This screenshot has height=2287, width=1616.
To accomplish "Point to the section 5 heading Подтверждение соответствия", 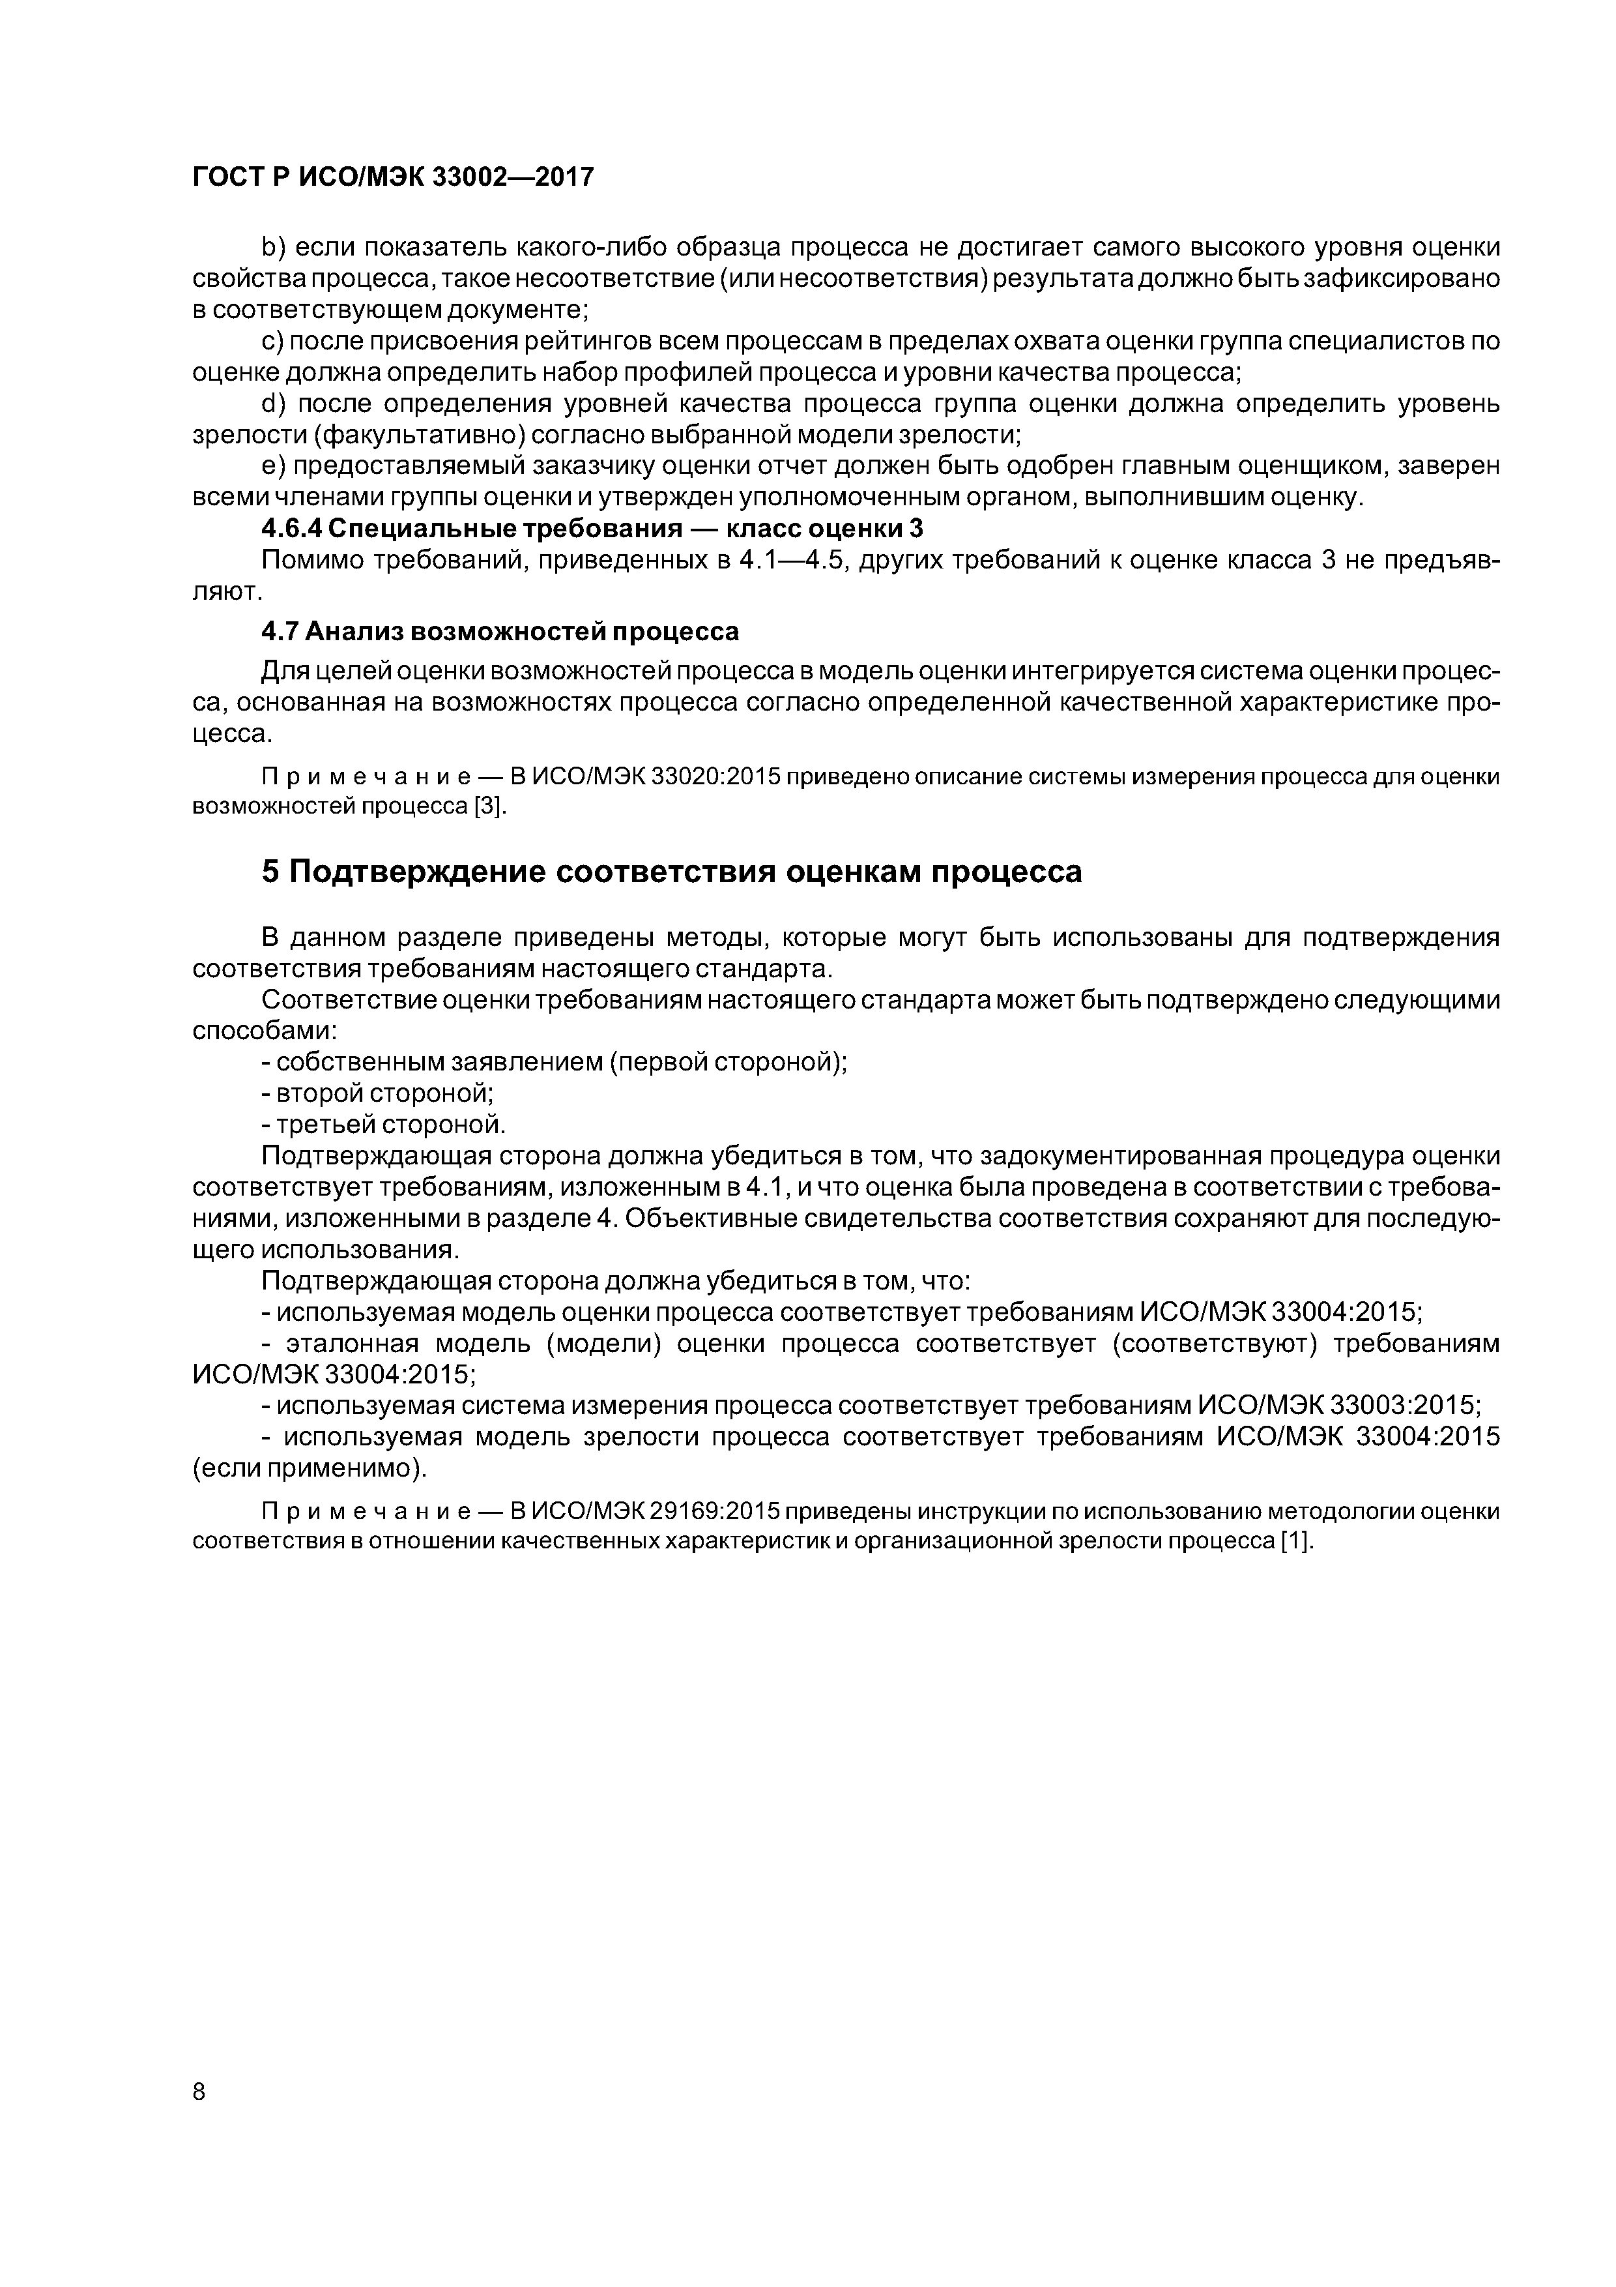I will point(671,872).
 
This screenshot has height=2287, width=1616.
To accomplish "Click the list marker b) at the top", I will point(273,247).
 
